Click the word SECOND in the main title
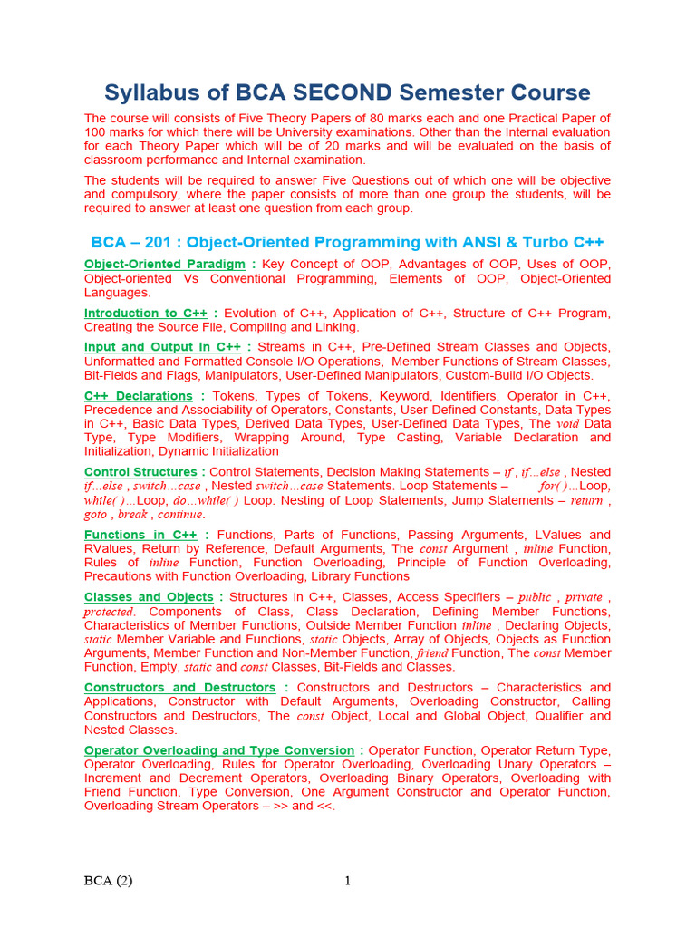(x=347, y=92)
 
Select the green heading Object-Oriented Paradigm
(x=165, y=264)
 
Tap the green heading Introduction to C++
(x=146, y=313)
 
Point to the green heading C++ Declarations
(x=139, y=396)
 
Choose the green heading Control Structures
(x=140, y=472)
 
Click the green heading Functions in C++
(x=140, y=535)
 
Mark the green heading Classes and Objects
(x=149, y=597)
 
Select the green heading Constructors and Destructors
(x=180, y=688)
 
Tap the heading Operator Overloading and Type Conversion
(x=219, y=750)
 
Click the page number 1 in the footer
(x=347, y=881)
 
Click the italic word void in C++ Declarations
(x=566, y=424)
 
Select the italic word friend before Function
(x=432, y=653)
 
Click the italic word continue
(x=182, y=515)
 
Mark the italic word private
(x=584, y=597)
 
